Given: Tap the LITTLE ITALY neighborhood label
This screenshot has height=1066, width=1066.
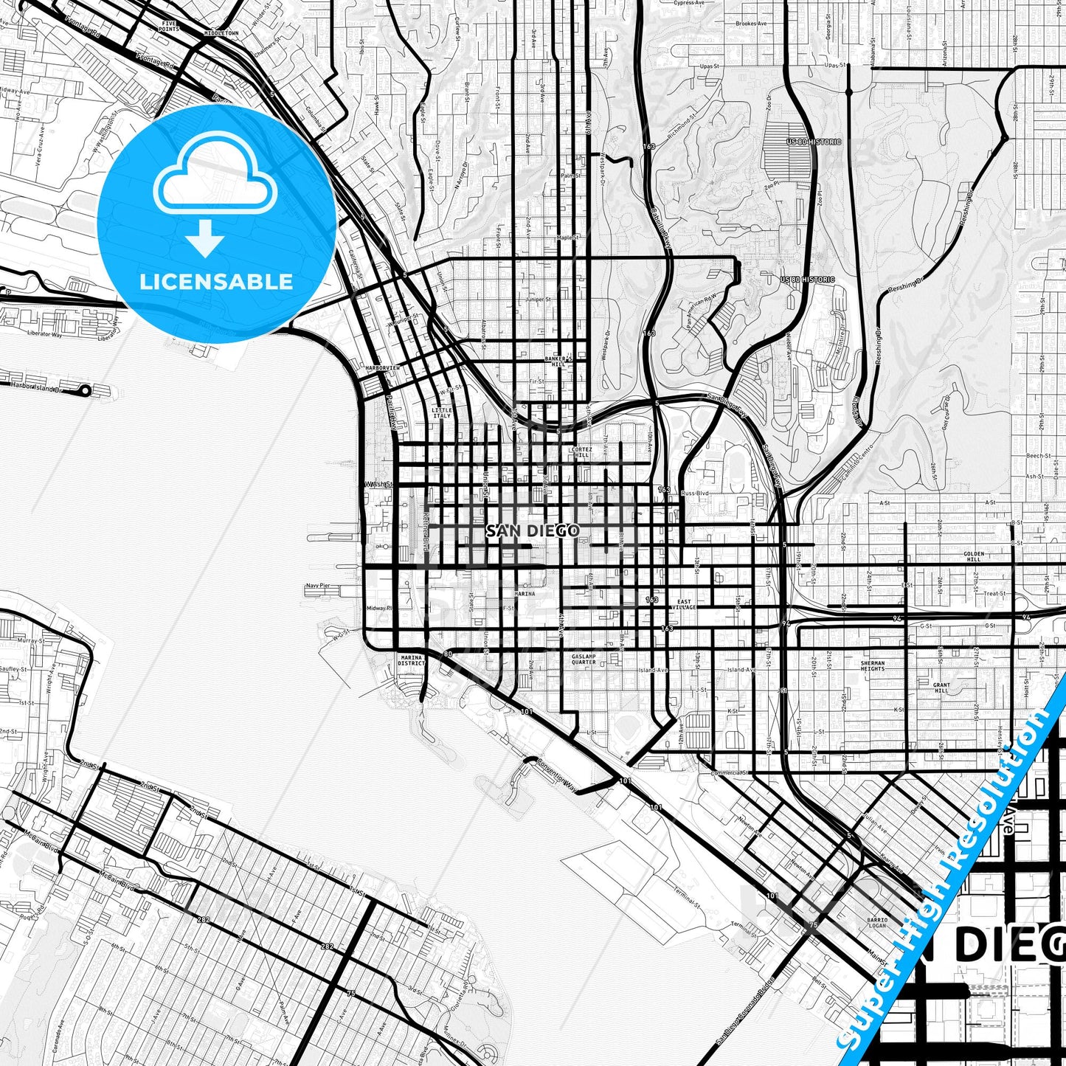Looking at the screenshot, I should pyautogui.click(x=442, y=413).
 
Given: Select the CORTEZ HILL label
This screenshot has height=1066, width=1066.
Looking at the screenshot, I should pyautogui.click(x=581, y=452).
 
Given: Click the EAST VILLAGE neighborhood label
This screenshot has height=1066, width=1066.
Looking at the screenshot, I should pyautogui.click(x=685, y=605).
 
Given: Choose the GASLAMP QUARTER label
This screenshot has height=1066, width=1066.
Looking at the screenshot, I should pyautogui.click(x=584, y=659).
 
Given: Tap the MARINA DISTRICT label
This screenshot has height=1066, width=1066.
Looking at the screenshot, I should pyautogui.click(x=411, y=660).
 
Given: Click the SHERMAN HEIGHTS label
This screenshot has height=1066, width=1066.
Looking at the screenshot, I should pyautogui.click(x=873, y=665).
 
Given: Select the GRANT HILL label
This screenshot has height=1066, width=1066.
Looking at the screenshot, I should pyautogui.click(x=941, y=688).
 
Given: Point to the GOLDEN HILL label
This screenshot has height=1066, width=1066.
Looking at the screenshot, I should pyautogui.click(x=974, y=556).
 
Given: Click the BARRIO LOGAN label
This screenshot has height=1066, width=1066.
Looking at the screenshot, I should pyautogui.click(x=877, y=922).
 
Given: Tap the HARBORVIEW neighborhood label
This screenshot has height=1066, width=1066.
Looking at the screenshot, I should pyautogui.click(x=383, y=367).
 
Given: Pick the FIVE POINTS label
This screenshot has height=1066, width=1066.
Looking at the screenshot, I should pyautogui.click(x=170, y=27).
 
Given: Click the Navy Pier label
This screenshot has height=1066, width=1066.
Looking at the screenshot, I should pyautogui.click(x=318, y=586).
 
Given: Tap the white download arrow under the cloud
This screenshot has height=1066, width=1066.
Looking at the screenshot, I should pyautogui.click(x=205, y=239).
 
